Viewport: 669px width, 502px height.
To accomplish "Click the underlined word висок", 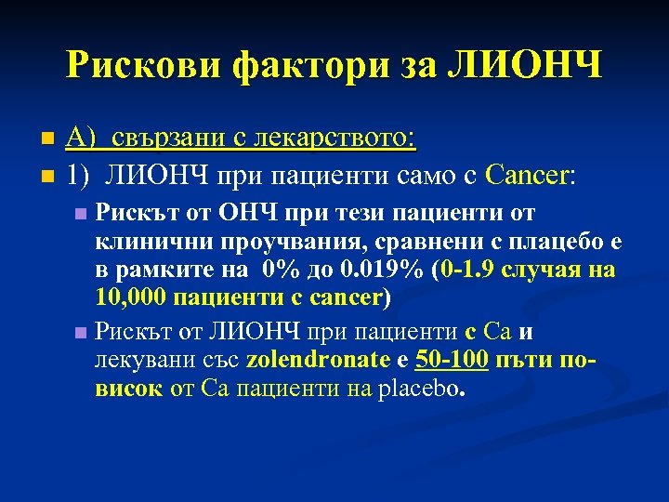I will click(x=127, y=388).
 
